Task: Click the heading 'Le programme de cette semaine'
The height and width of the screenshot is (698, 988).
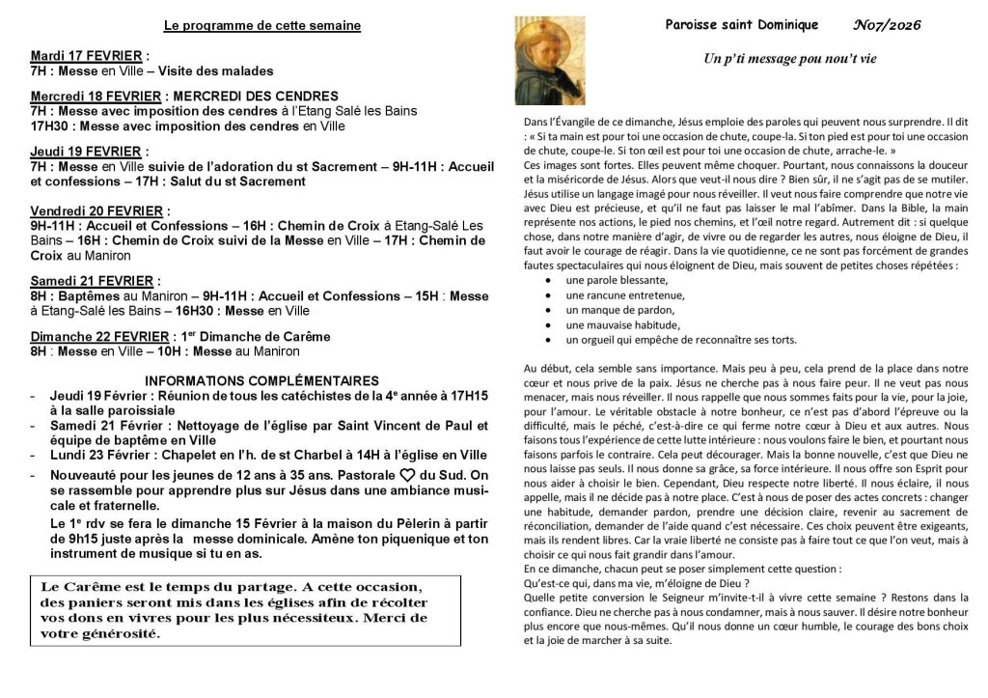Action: (x=262, y=26)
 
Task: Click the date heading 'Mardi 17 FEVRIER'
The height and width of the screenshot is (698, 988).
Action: (x=86, y=56)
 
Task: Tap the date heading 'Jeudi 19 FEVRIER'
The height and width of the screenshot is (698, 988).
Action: (x=85, y=152)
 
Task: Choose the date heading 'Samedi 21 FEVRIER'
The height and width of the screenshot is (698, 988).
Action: (x=91, y=281)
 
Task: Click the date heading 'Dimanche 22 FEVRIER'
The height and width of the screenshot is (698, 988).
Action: (x=99, y=337)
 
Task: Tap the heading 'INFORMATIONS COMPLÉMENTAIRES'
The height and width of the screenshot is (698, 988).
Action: (x=261, y=380)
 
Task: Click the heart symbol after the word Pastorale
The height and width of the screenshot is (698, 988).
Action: (x=407, y=474)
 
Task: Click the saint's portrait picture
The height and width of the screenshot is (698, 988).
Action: (x=549, y=61)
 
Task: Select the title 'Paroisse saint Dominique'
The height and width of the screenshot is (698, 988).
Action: (x=741, y=25)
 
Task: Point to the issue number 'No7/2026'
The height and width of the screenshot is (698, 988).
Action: (x=887, y=25)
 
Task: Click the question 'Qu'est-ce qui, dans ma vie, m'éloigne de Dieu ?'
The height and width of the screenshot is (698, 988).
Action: (x=636, y=583)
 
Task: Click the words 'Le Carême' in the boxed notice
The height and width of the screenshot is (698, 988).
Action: (x=76, y=587)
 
